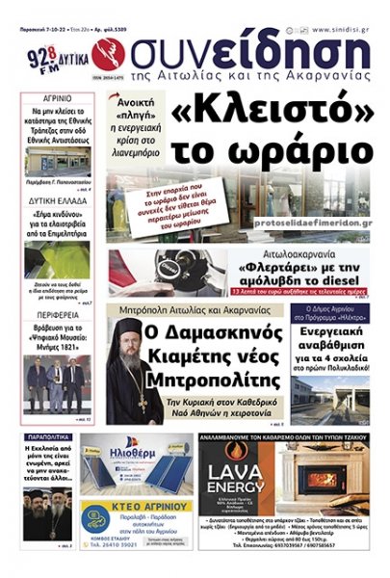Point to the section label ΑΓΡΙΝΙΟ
click(58, 99)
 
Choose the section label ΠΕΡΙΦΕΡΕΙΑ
click(59, 315)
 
